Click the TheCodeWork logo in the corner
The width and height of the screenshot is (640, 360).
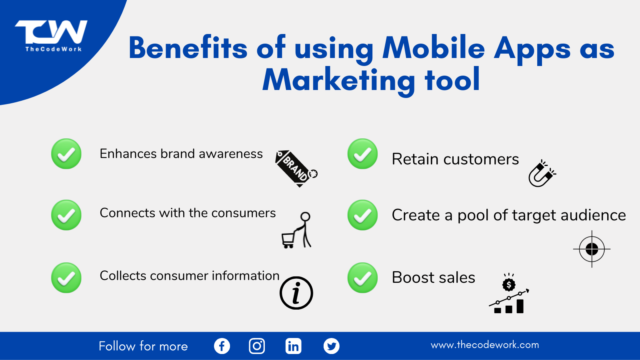(51, 36)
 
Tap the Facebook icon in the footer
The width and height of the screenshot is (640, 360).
(222, 346)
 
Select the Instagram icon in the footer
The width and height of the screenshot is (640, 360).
(257, 346)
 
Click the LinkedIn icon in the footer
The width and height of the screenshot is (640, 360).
(294, 346)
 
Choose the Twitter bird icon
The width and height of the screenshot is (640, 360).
(332, 346)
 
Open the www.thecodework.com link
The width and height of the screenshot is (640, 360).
(485, 345)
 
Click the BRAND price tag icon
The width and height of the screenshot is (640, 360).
(296, 168)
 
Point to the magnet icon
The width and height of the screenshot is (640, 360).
(542, 174)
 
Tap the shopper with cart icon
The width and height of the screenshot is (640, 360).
(296, 230)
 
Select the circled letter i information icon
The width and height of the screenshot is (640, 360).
(296, 293)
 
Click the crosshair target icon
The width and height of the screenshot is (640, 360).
(592, 249)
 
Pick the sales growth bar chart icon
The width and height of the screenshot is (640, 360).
(509, 293)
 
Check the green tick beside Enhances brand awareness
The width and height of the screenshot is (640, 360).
(66, 154)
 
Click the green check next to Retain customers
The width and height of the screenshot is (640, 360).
(362, 154)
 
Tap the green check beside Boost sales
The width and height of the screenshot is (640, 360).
(362, 278)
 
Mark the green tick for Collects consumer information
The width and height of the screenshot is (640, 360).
(66, 278)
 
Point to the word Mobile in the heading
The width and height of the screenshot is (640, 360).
(434, 48)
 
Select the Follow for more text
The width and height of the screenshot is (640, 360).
(143, 346)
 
